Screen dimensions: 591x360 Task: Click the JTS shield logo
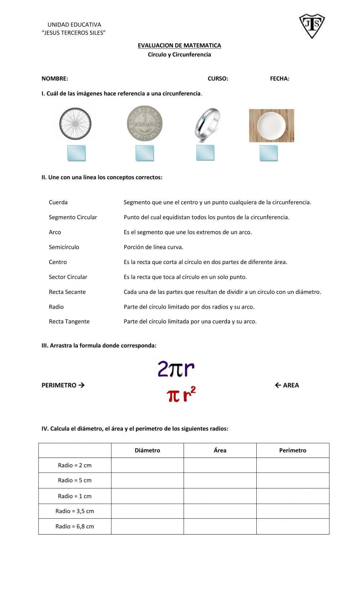tap(312, 26)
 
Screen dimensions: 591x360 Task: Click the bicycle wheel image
tap(75, 124)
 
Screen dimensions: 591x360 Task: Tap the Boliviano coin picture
tap(145, 124)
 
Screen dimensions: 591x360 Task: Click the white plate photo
tap(271, 126)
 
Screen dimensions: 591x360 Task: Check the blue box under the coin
tap(145, 153)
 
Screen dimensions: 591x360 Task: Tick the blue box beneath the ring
tap(205, 153)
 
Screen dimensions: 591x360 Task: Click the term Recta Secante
tap(67, 292)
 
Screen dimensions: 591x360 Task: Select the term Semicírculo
tap(64, 247)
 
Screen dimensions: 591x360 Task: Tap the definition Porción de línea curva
tap(153, 247)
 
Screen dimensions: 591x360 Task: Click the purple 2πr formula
tap(176, 369)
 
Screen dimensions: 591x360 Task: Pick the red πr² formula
tap(181, 395)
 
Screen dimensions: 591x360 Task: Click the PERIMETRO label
tap(59, 385)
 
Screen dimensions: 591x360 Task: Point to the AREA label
tap(291, 385)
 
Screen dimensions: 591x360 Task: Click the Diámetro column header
tap(147, 450)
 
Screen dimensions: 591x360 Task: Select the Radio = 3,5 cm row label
tap(75, 511)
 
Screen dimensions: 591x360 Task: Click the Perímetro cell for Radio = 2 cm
tap(293, 465)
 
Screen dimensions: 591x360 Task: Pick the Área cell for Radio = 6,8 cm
tap(220, 526)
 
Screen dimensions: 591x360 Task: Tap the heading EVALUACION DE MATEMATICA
tap(179, 45)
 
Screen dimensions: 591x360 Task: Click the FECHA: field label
tap(280, 78)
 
